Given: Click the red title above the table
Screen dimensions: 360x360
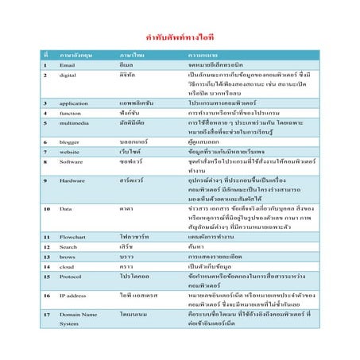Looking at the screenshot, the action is click(180, 37).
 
